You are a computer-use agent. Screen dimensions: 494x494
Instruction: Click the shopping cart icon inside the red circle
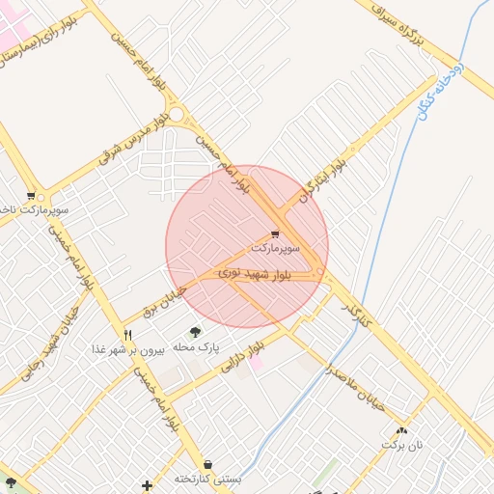(276, 233)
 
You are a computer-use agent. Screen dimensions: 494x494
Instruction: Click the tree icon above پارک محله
(196, 332)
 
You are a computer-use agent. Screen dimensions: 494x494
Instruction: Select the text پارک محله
(196, 345)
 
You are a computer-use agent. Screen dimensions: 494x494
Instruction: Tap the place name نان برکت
(401, 444)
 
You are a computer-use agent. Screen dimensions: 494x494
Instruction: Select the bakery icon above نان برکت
(401, 430)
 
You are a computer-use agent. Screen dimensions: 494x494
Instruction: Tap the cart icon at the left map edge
(31, 195)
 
